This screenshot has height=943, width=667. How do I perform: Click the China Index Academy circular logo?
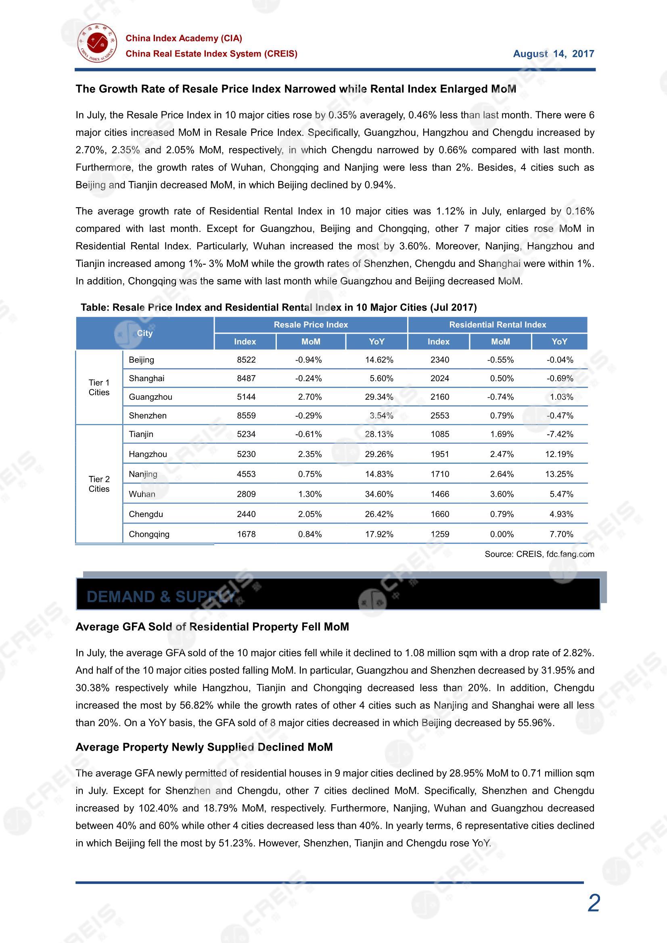(97, 43)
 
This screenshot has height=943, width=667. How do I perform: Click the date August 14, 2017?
(553, 54)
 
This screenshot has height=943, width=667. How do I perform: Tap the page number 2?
(594, 903)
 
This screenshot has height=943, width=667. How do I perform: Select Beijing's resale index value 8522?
(246, 360)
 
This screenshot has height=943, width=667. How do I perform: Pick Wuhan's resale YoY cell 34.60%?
(379, 494)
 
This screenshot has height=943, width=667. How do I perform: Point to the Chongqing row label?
(149, 534)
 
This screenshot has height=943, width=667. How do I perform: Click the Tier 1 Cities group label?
(99, 387)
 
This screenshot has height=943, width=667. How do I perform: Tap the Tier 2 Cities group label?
(99, 484)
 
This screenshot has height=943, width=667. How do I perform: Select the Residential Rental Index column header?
(497, 325)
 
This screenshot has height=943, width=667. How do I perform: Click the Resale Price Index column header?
(311, 325)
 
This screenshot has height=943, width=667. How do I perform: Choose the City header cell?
(145, 333)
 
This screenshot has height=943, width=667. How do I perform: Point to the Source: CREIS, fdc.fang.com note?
(539, 554)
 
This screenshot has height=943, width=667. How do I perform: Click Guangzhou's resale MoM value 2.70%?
(310, 397)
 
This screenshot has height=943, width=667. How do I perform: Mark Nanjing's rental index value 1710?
(440, 474)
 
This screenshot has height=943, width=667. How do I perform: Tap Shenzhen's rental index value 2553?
(440, 416)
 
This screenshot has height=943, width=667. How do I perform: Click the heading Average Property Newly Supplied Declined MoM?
(204, 747)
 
